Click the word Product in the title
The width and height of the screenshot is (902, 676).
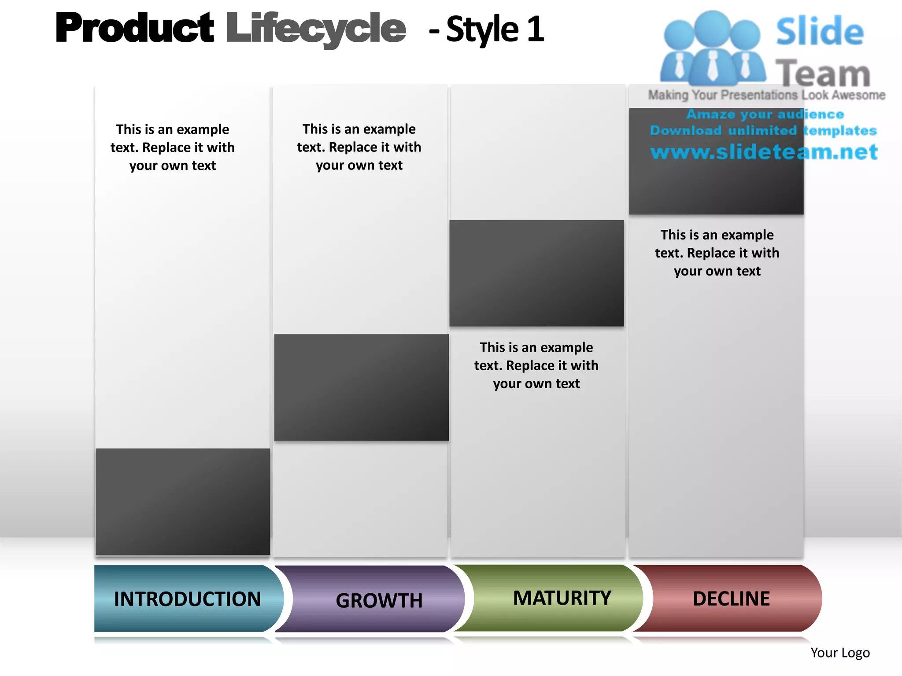tap(135, 28)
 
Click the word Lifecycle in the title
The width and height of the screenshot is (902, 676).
tap(316, 29)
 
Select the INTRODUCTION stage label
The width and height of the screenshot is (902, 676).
tap(188, 599)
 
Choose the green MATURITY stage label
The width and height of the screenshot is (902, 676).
tap(562, 598)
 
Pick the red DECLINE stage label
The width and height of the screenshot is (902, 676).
tap(731, 599)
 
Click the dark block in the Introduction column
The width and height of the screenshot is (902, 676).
tap(183, 502)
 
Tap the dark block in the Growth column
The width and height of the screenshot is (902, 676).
tap(362, 387)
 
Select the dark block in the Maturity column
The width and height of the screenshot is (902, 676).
tap(536, 273)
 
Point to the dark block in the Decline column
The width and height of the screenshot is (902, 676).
tap(716, 185)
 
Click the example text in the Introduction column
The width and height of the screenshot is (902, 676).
tap(173, 147)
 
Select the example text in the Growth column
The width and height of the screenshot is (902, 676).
tap(359, 147)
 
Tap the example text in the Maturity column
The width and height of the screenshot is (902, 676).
tap(536, 365)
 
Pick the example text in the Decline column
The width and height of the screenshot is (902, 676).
tap(717, 253)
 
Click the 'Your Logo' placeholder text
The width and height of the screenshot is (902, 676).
tap(840, 653)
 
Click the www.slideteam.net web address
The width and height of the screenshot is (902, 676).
tap(764, 152)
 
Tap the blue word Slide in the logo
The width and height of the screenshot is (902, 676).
tap(820, 31)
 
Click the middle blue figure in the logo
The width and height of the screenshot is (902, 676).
tap(713, 48)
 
